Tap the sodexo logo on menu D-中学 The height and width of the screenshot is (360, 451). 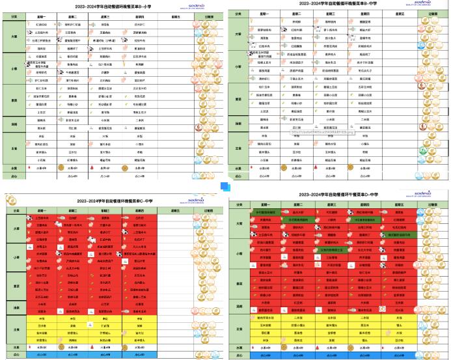[426, 193]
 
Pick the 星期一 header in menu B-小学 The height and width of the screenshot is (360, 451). [42, 17]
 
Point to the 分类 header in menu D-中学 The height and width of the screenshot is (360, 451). [239, 206]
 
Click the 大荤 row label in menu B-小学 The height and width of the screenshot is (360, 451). [14, 38]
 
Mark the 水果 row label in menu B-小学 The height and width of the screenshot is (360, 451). [14, 167]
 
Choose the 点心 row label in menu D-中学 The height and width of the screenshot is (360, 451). [239, 356]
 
